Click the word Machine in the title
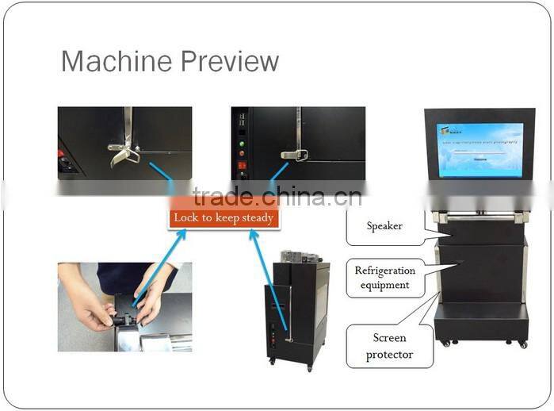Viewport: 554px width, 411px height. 110,61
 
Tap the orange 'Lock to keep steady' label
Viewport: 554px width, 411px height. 224,218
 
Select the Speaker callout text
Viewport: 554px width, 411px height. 384,226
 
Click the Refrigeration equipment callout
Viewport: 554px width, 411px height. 384,278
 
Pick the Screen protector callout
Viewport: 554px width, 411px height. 389,346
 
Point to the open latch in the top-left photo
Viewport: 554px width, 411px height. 123,152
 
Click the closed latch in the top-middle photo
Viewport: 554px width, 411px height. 294,154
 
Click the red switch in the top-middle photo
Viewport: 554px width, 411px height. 243,166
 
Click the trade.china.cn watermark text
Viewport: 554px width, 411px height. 277,196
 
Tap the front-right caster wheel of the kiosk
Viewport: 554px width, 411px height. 522,344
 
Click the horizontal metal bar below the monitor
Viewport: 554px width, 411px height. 479,217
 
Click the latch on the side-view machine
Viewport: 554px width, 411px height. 288,339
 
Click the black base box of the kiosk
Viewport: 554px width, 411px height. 480,321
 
